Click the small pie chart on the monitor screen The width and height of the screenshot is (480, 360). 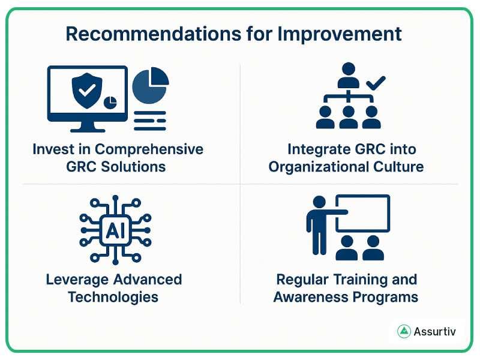(x=110, y=103)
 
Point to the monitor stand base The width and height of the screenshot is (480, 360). (x=86, y=128)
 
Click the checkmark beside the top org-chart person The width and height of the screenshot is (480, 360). (x=376, y=83)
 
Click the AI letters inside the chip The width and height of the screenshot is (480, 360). (x=111, y=230)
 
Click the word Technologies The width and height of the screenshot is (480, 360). (x=113, y=296)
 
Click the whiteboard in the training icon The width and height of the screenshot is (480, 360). (x=362, y=214)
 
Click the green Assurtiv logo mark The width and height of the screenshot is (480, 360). (x=404, y=331)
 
